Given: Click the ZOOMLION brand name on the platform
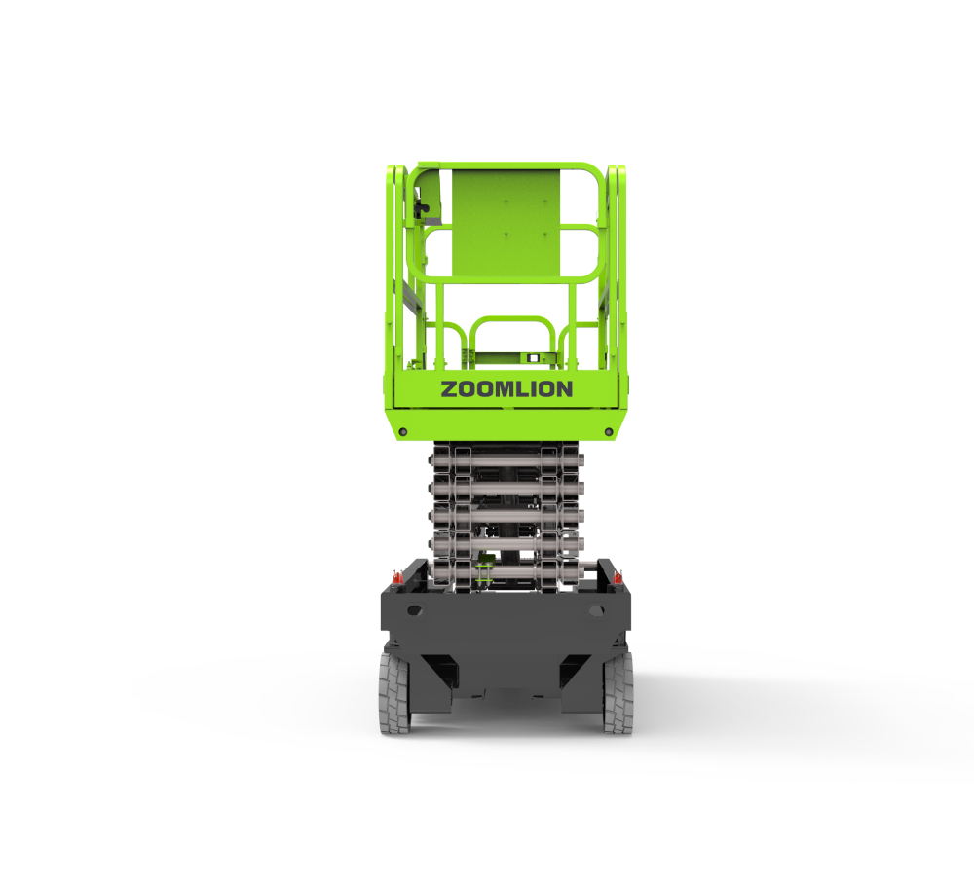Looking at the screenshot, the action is pos(506,389).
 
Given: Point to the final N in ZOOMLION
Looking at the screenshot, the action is pos(564,389).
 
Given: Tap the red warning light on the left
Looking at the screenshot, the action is pos(397,577).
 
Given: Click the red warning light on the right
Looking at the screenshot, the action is pos(618,577).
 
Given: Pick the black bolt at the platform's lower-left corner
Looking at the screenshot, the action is pos(403,431).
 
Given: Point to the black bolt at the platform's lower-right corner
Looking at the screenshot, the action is pos(609,431).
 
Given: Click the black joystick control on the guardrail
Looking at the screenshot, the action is pos(421,210).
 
